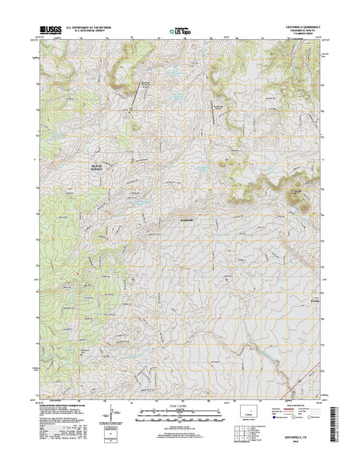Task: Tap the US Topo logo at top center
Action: pyautogui.click(x=180, y=33)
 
